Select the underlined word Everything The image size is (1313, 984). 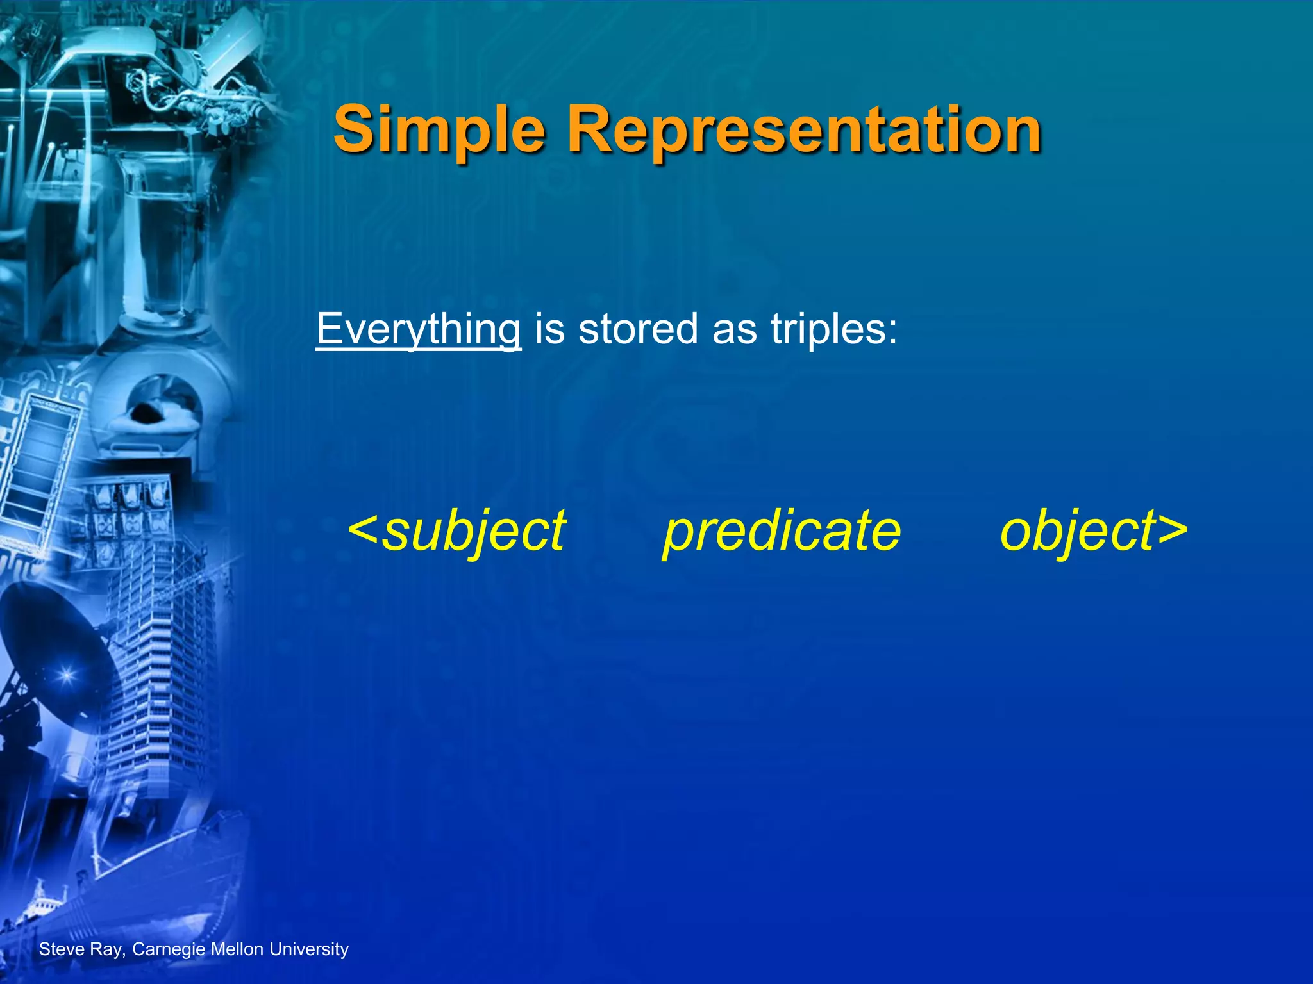[418, 330]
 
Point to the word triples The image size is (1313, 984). [833, 330]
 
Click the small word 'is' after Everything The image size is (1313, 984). [549, 330]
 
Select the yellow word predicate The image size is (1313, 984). [782, 532]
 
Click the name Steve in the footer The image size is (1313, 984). [62, 949]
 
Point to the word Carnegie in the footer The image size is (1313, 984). [169, 949]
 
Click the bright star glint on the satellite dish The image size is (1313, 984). [67, 675]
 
